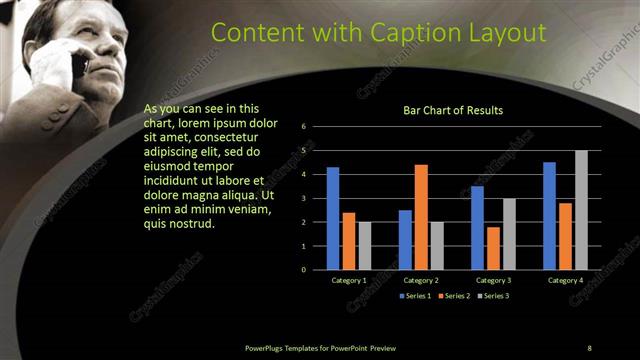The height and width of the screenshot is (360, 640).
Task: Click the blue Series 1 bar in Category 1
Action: tap(333, 218)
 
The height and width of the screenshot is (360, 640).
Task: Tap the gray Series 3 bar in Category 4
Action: tap(581, 210)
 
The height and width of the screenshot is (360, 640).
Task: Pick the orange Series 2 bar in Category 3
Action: tap(493, 248)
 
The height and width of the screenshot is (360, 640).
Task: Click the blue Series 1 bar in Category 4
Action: tap(549, 216)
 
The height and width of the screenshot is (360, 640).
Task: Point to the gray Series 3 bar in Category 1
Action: tap(364, 246)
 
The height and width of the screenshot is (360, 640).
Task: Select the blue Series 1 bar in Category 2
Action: tap(405, 239)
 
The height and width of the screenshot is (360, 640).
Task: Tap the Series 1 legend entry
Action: tap(417, 297)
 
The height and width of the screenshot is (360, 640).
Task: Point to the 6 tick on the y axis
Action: tap(303, 127)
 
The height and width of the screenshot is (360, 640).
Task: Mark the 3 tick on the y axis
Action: tap(303, 198)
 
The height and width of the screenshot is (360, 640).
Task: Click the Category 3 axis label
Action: tap(493, 281)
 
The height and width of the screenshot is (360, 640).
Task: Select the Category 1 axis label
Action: tap(349, 281)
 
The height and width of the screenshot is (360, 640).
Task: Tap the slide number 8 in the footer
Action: tap(589, 347)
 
